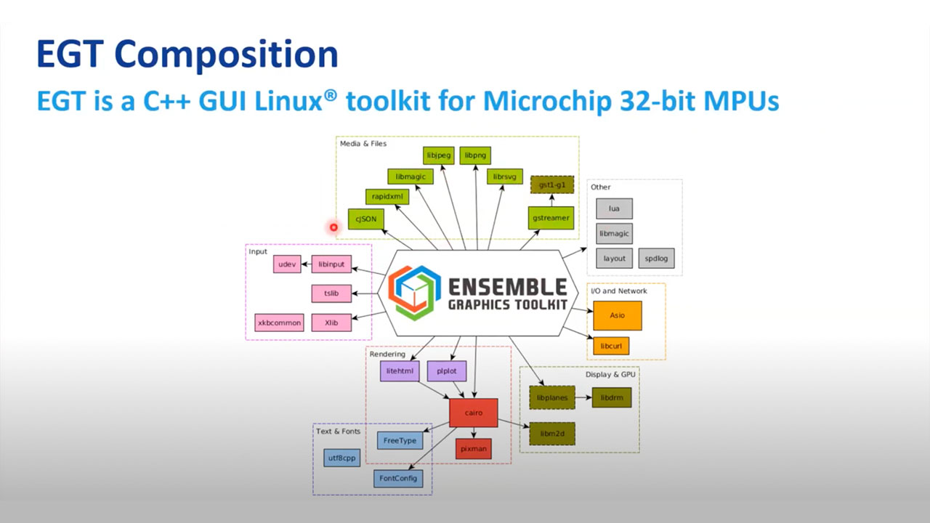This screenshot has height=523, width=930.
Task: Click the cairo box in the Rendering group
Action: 474,413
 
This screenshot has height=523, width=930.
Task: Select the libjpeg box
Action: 438,155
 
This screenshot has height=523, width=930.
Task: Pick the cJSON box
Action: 365,218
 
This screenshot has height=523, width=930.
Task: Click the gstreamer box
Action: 551,218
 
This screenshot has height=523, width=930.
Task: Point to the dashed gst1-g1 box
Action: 551,185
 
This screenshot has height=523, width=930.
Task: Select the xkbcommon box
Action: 279,323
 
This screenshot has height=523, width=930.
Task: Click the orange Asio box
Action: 618,316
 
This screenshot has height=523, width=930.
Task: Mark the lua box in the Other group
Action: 614,209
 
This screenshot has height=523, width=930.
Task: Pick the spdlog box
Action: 657,258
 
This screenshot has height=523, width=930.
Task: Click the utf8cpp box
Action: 341,458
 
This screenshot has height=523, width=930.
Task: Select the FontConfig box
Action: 399,478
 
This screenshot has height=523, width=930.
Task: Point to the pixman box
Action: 474,449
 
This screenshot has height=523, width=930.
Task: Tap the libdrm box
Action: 611,397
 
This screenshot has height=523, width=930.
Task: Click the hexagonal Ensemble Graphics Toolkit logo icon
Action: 414,293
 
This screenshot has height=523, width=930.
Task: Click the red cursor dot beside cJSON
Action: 333,227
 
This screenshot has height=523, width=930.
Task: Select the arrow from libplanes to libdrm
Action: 583,397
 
